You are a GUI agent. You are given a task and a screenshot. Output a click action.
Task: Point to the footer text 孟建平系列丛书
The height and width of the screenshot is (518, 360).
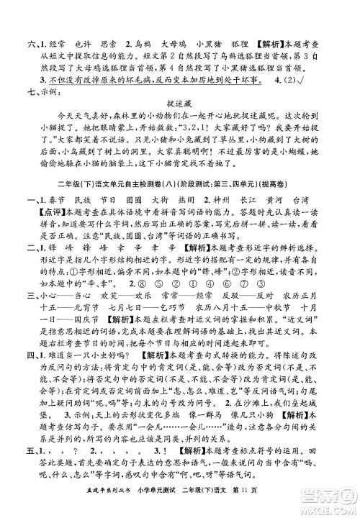(x=81, y=506)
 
